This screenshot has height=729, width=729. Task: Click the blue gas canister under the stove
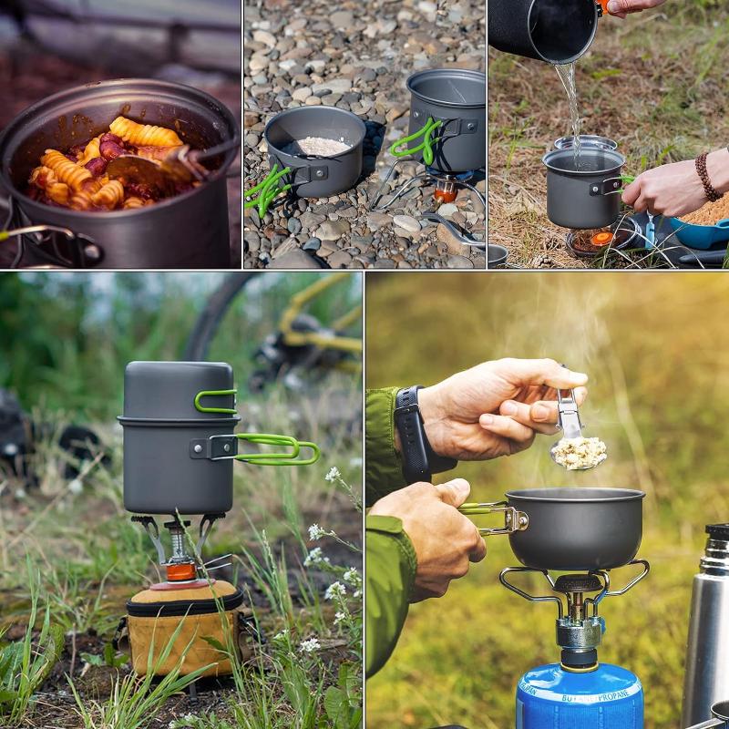coord(580,697)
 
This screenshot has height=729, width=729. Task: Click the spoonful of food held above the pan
coord(579,452)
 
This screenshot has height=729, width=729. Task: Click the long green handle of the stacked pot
coord(277,447)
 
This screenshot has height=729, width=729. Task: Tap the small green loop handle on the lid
coord(216,401)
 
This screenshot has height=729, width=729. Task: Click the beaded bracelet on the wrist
coord(707,177)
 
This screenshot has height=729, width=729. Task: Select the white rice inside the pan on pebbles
coord(317,146)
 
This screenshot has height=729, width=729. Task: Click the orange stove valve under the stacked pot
coord(180,571)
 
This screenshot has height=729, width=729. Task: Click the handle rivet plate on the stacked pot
coord(214,447)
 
